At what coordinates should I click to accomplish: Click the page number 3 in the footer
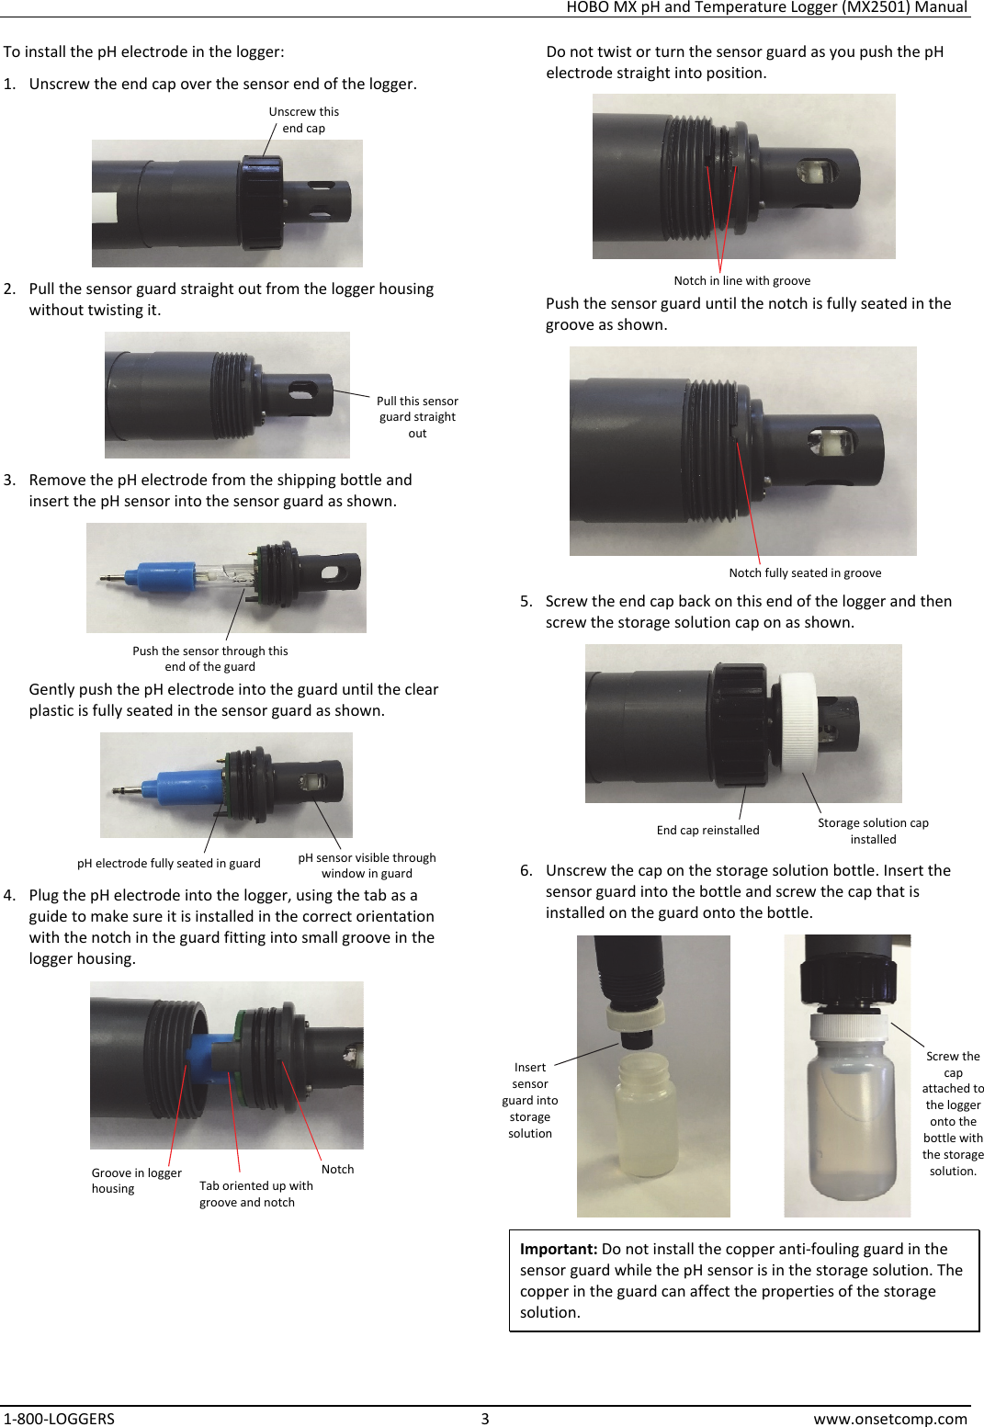click(485, 1418)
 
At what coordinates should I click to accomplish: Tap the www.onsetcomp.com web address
click(889, 1418)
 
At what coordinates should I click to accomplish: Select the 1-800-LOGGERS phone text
click(59, 1418)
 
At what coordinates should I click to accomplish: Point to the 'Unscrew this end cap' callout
click(303, 119)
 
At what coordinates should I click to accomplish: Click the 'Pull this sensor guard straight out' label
click(417, 416)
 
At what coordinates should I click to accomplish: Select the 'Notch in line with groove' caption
click(741, 280)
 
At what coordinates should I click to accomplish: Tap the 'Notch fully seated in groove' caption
click(805, 572)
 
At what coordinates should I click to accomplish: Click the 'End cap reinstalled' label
click(707, 830)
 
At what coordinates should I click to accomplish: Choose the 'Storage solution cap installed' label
click(873, 831)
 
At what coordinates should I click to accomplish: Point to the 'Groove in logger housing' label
click(136, 1180)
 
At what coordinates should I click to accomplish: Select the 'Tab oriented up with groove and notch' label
click(255, 1194)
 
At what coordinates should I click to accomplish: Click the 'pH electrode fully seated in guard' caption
click(168, 863)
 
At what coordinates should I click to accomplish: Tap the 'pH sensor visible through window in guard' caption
click(367, 865)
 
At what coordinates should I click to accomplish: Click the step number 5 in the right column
click(526, 601)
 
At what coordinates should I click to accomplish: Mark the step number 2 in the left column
click(9, 289)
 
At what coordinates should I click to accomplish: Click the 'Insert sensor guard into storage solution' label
click(530, 1100)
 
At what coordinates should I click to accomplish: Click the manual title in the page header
click(766, 7)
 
